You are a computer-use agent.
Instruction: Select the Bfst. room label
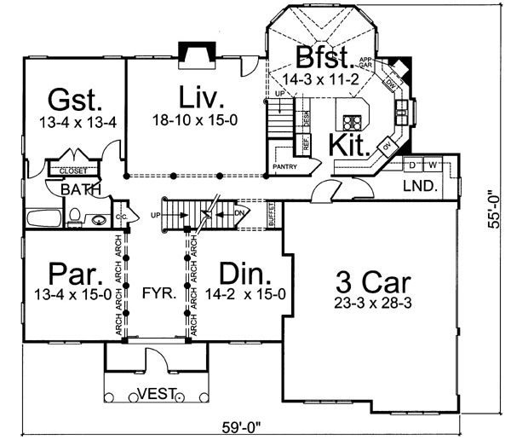(x=324, y=59)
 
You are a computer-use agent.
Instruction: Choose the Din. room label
(x=245, y=275)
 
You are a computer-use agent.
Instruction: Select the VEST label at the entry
(x=156, y=394)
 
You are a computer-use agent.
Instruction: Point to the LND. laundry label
(x=419, y=185)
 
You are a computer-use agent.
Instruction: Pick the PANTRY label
(x=284, y=166)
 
